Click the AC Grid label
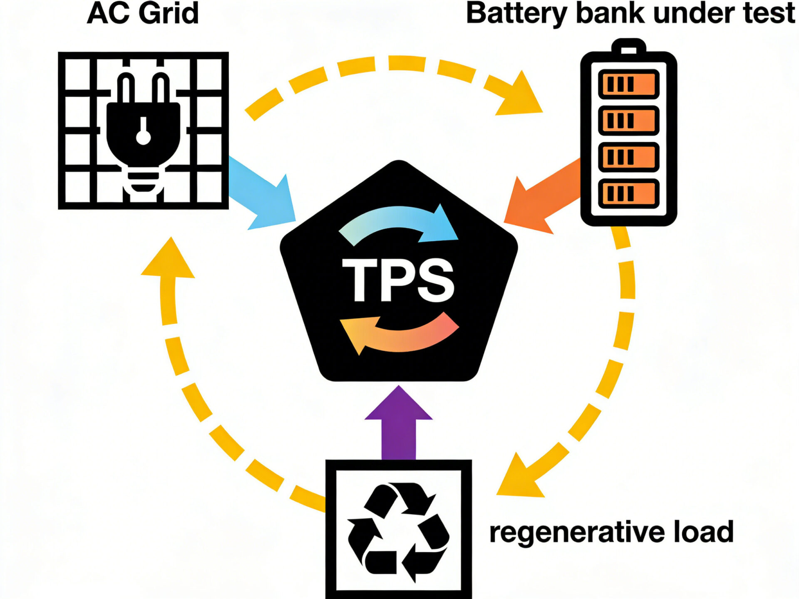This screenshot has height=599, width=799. point(143,13)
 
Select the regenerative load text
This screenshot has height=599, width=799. point(611,532)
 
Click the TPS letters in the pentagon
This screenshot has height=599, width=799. point(398,280)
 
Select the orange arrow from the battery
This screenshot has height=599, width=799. point(541,196)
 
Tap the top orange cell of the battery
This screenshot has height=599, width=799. point(628,84)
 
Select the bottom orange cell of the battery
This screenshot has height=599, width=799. point(628,193)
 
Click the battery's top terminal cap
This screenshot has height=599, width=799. point(628,47)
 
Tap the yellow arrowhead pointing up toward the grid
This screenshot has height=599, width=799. point(169,260)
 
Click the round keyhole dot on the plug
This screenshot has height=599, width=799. point(143,137)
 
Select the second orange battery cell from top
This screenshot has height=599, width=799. point(628,121)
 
